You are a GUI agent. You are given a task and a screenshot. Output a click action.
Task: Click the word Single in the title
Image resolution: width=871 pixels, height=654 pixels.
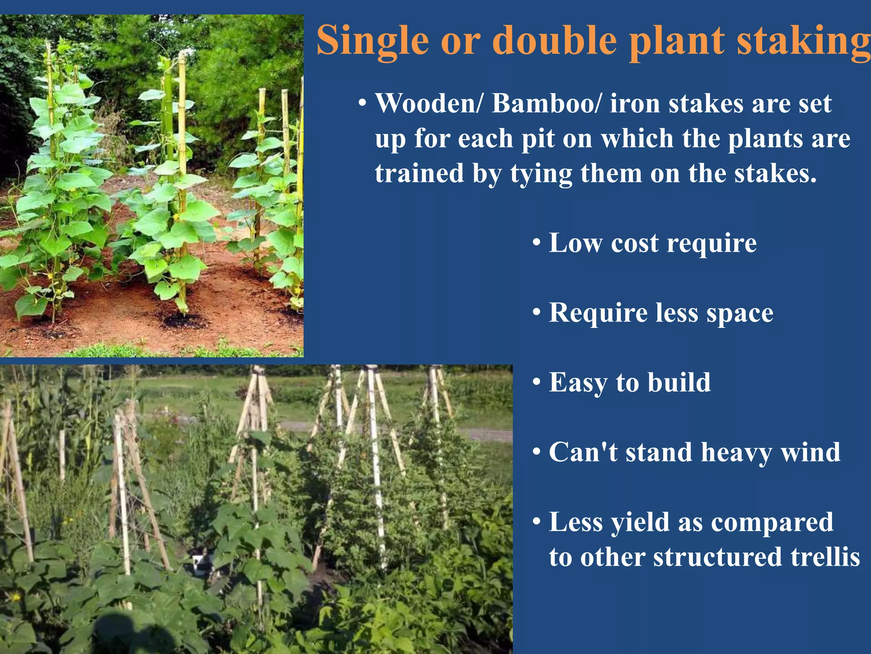coord(373,40)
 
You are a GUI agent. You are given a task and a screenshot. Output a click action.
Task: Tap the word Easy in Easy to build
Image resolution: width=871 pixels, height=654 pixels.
coord(578,383)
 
